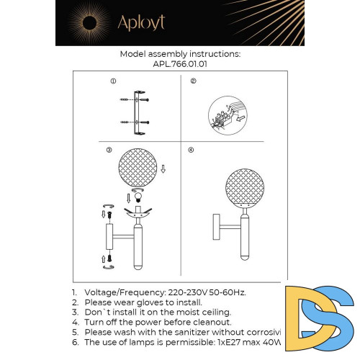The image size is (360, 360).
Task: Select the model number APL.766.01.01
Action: click(x=180, y=63)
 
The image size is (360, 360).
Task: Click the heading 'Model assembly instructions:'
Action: click(x=180, y=54)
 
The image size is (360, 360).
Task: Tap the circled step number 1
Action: click(x=112, y=82)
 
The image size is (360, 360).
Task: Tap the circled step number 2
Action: click(x=193, y=82)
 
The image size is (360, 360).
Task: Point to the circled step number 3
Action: click(x=108, y=150)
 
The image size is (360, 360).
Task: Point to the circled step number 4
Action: click(x=191, y=150)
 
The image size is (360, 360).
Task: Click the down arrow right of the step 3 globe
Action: click(x=163, y=170)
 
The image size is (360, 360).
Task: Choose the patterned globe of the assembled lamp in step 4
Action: click(x=243, y=188)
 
